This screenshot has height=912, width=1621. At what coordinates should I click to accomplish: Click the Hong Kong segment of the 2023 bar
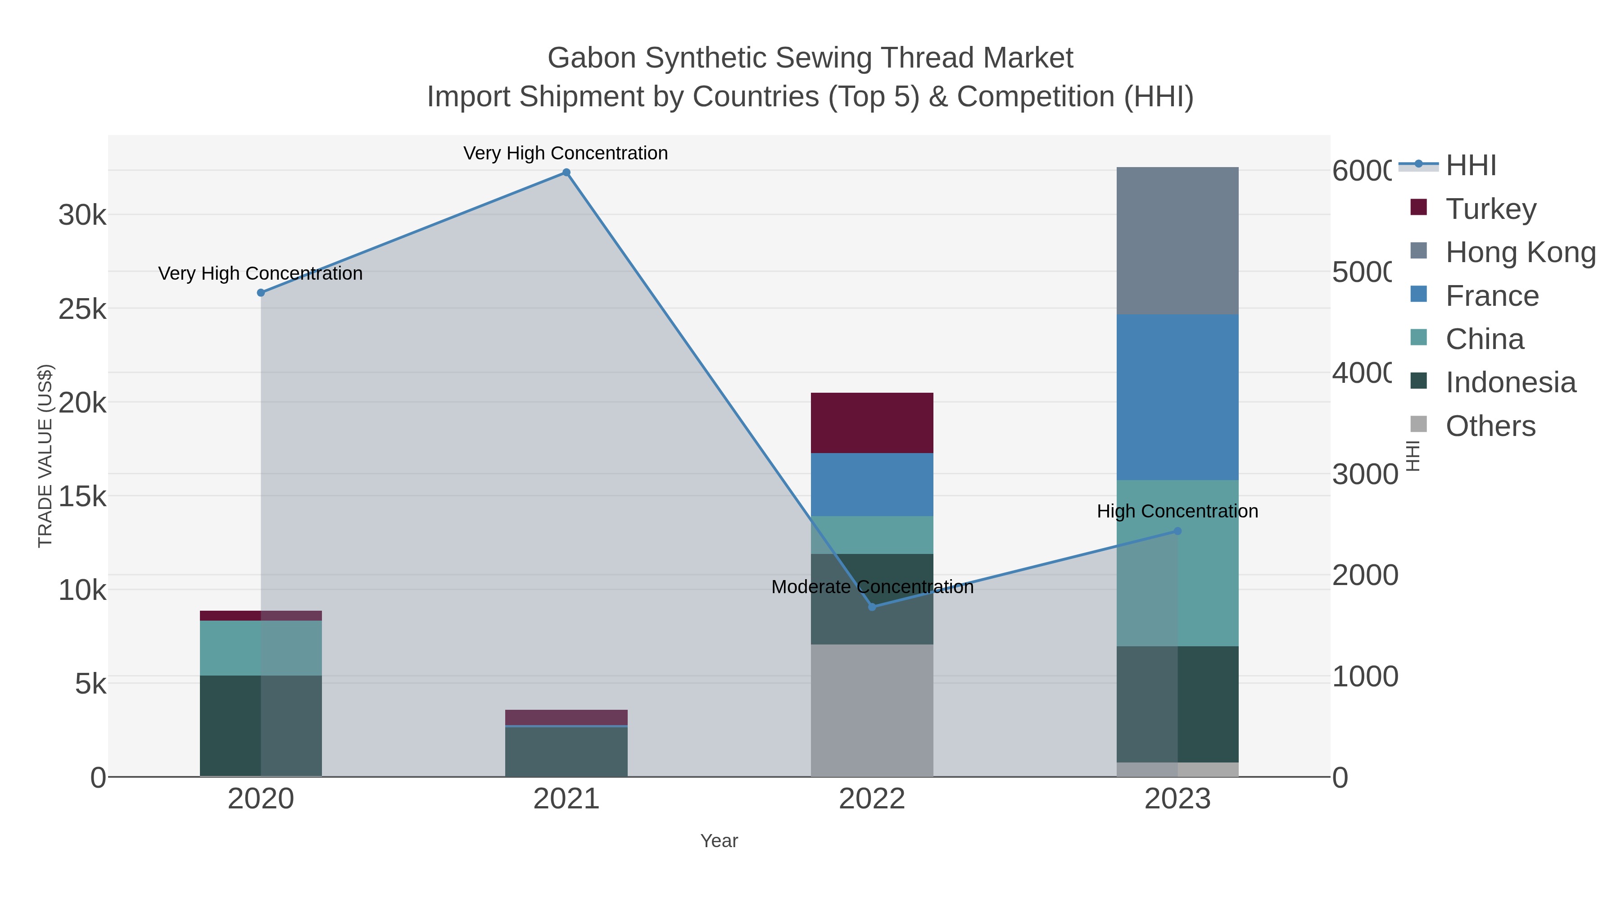point(1177,241)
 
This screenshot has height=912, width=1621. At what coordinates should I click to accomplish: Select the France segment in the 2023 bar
point(1177,397)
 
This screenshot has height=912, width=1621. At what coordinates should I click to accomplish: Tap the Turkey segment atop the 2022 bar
point(872,423)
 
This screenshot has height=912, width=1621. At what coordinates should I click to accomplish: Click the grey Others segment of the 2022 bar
point(872,710)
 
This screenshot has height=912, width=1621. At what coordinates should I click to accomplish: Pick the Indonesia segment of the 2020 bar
point(261,726)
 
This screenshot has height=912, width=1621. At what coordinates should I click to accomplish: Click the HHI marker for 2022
point(872,607)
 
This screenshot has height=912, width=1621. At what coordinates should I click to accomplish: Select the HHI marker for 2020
point(261,293)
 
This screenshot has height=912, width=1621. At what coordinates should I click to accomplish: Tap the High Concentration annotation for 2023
point(1177,511)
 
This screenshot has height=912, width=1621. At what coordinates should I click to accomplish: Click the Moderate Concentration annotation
point(872,586)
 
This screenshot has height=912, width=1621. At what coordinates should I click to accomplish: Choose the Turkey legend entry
point(1490,209)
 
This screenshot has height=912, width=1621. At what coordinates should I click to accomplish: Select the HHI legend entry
point(1470,166)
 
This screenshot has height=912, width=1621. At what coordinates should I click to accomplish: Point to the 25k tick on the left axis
point(82,309)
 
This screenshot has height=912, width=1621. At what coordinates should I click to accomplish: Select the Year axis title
point(719,840)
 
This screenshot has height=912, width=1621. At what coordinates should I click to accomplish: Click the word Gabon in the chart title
point(592,58)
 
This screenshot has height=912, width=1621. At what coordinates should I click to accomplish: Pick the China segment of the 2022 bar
point(872,535)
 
